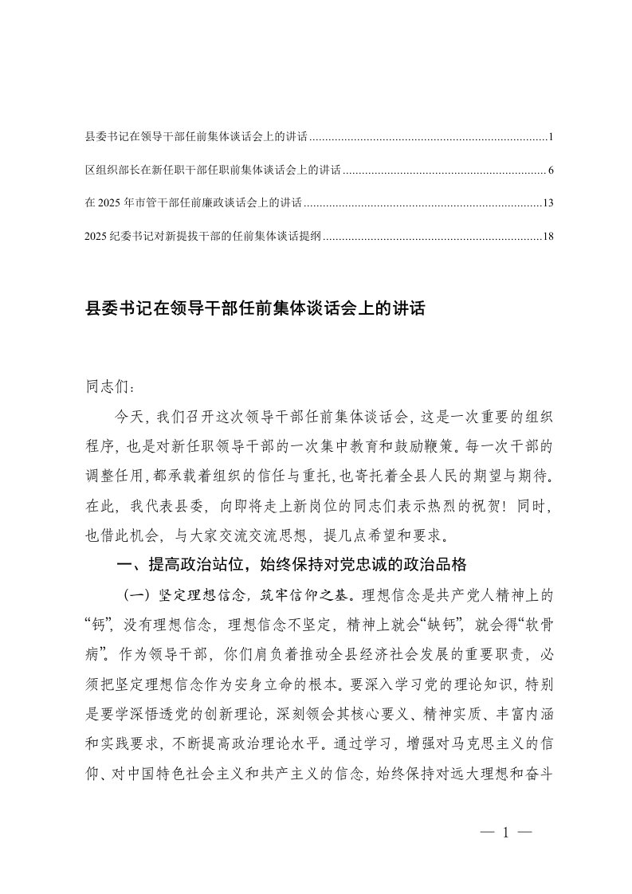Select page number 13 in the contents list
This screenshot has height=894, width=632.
(548, 203)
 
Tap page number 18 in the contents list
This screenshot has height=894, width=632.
(548, 237)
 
